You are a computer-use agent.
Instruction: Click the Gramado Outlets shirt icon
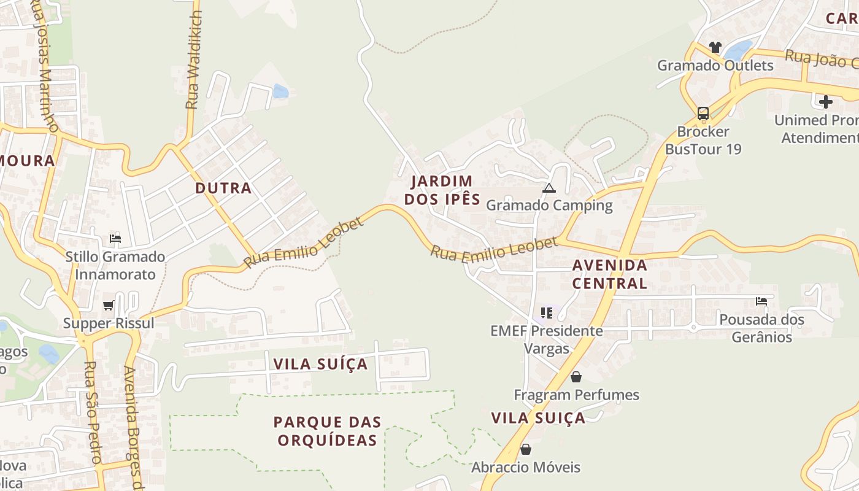pos(715,47)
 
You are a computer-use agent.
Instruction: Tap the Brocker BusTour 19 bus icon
pos(703,114)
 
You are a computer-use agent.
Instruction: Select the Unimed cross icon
pos(826,101)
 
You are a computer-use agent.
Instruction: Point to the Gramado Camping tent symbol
pos(549,188)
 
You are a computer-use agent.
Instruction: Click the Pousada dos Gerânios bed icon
pos(761,301)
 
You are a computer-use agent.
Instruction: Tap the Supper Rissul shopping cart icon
pos(109,305)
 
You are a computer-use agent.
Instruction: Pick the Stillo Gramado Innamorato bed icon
pos(115,238)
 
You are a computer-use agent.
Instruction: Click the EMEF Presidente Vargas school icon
pos(547,313)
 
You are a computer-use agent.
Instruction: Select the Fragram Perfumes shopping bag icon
pos(576,377)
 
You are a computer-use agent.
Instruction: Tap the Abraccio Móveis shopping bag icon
pos(525,449)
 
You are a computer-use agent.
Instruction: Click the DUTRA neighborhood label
pos(223,188)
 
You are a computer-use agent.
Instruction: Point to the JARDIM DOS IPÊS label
pos(442,190)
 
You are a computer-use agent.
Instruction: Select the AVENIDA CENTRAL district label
pos(609,274)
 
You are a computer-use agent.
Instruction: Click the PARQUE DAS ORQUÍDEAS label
pos(328,431)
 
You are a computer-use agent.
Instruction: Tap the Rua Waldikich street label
pos(194,60)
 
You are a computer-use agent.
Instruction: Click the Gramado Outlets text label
pos(715,65)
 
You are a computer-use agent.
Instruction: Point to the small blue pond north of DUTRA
pos(280,91)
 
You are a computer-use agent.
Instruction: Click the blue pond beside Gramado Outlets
pos(738,49)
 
